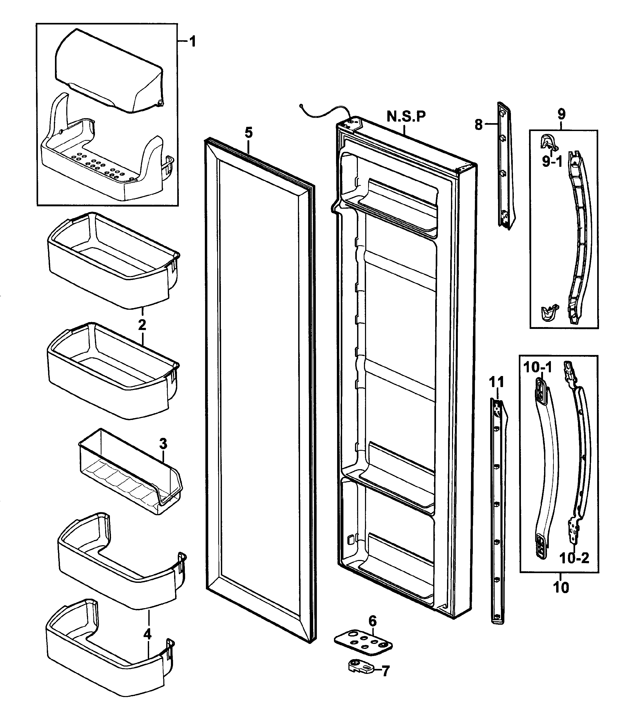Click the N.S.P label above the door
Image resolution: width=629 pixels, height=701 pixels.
point(406,117)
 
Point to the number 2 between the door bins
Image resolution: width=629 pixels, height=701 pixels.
point(142,325)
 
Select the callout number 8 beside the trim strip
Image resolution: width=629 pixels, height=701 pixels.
point(478,125)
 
